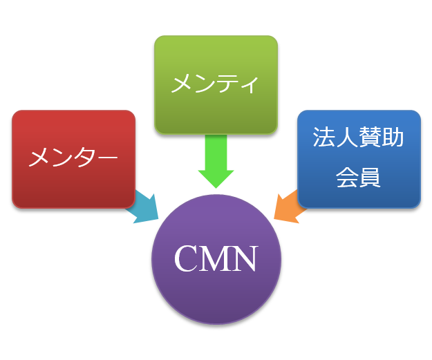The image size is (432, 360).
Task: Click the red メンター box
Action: (73, 159)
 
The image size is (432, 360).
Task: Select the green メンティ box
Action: (216, 84)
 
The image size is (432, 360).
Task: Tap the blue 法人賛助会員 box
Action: (359, 158)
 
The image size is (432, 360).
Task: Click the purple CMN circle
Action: (216, 259)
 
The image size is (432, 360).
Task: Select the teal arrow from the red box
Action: (144, 207)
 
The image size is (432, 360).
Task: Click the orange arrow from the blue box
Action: (289, 207)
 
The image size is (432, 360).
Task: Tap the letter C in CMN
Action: (187, 259)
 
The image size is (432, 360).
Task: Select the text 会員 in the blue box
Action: (358, 178)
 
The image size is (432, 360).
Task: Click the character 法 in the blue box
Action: (324, 138)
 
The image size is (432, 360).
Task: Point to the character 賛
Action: (370, 138)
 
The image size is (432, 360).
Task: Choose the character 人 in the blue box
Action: (347, 138)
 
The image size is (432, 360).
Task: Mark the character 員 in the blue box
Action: (370, 178)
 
